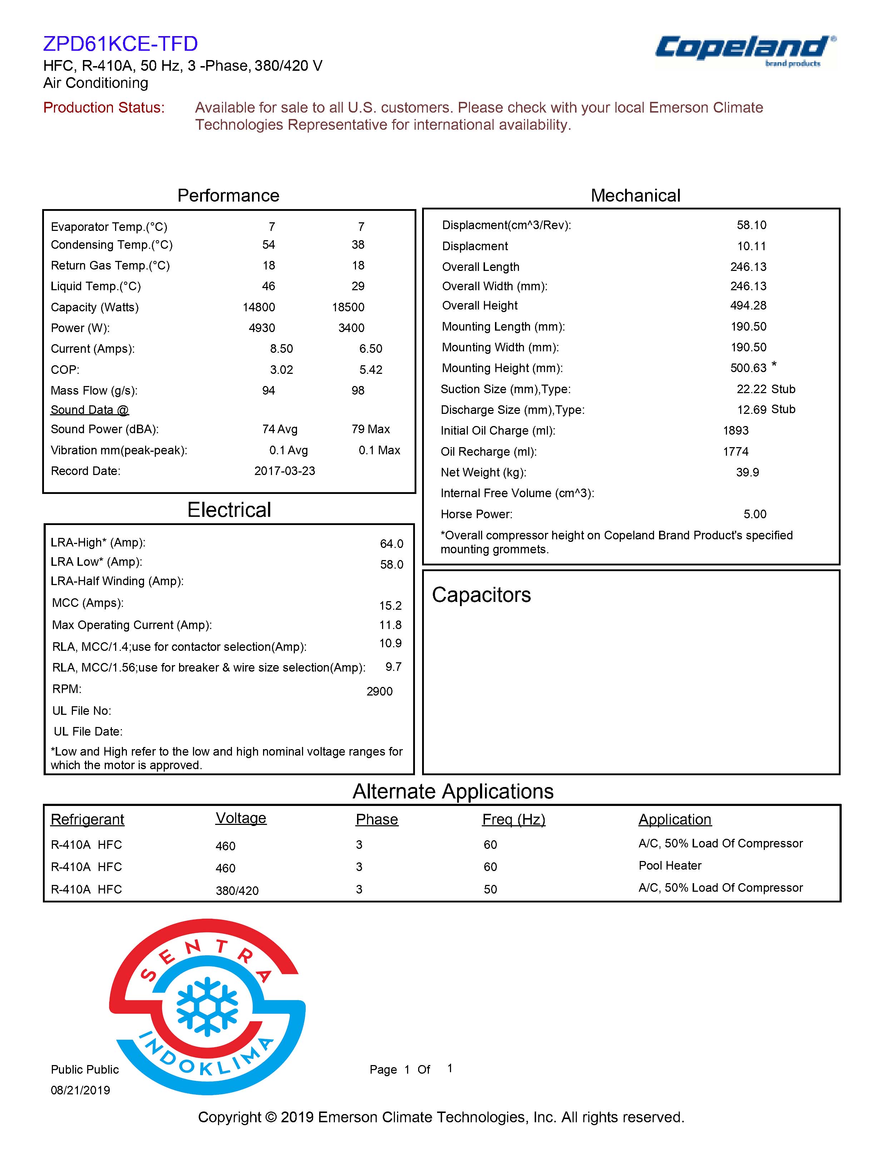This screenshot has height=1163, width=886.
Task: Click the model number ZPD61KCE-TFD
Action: [x=120, y=44]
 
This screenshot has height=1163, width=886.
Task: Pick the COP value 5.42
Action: [x=371, y=370]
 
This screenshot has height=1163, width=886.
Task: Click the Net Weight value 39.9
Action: [x=747, y=472]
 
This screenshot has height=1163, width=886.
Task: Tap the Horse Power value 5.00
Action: [x=755, y=514]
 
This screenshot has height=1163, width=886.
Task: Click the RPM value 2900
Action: [x=379, y=692]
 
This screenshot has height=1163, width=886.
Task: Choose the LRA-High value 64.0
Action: [x=391, y=544]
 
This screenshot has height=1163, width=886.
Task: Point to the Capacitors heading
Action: [x=481, y=595]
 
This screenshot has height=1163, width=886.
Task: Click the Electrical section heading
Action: [x=229, y=510]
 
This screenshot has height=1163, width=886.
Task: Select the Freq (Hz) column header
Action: [x=513, y=820]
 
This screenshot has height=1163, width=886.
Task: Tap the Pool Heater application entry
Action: [x=670, y=866]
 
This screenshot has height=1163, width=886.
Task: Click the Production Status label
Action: [x=104, y=108]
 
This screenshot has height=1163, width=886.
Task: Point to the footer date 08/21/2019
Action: [x=80, y=1090]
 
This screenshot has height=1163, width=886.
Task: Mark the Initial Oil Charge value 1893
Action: [x=735, y=431]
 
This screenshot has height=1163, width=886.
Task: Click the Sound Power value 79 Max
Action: [x=370, y=429]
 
